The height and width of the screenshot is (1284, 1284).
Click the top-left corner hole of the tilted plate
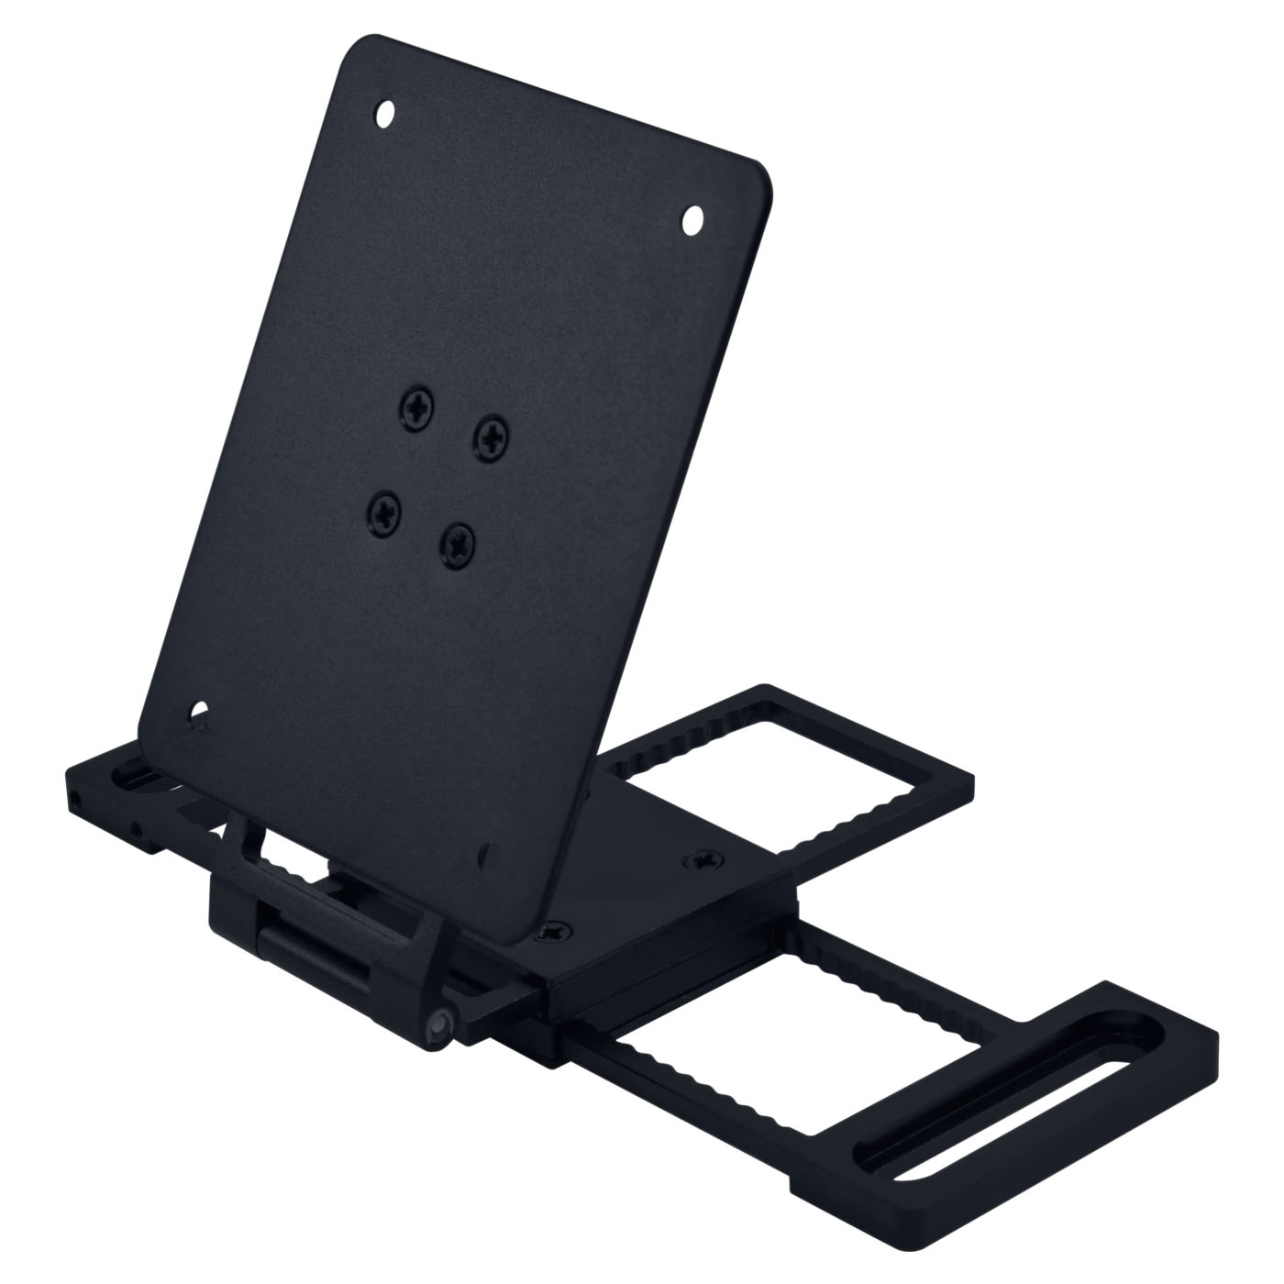click(386, 115)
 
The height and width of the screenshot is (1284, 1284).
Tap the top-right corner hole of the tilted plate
click(692, 217)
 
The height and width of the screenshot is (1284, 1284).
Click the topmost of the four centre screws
click(417, 406)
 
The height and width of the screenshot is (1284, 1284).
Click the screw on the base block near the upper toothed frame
click(705, 859)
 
